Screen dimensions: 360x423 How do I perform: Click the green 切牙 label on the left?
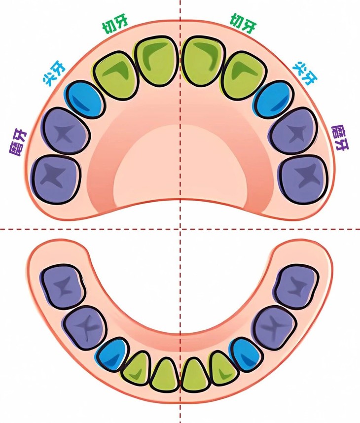pyautogui.click(x=115, y=25)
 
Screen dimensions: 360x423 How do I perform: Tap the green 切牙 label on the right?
pyautogui.click(x=243, y=24)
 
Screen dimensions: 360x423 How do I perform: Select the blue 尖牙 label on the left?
pyautogui.click(x=54, y=74)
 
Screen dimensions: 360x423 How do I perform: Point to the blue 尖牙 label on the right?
pyautogui.click(x=305, y=73)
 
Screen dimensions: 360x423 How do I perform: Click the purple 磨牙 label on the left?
pyautogui.click(x=18, y=142)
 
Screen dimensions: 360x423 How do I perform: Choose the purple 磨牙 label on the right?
pyautogui.click(x=340, y=138)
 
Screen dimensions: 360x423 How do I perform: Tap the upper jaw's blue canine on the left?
pyautogui.click(x=84, y=99)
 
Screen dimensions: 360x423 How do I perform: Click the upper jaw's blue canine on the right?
pyautogui.click(x=274, y=100)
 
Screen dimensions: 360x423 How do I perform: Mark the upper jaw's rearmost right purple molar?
pyautogui.click(x=304, y=180)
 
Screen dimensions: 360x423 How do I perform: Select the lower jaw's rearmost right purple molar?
pyautogui.click(x=296, y=287)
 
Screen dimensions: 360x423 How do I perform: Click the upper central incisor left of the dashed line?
pyautogui.click(x=156, y=62)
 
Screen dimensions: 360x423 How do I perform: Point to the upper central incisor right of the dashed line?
pyautogui.click(x=204, y=62)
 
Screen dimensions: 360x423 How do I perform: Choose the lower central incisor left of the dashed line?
pyautogui.click(x=165, y=375)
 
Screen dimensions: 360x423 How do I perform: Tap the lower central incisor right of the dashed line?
pyautogui.click(x=195, y=375)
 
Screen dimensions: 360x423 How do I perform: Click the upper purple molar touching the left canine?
pyautogui.click(x=66, y=131)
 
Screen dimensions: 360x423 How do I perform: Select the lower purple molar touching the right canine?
pyautogui.click(x=275, y=328)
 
